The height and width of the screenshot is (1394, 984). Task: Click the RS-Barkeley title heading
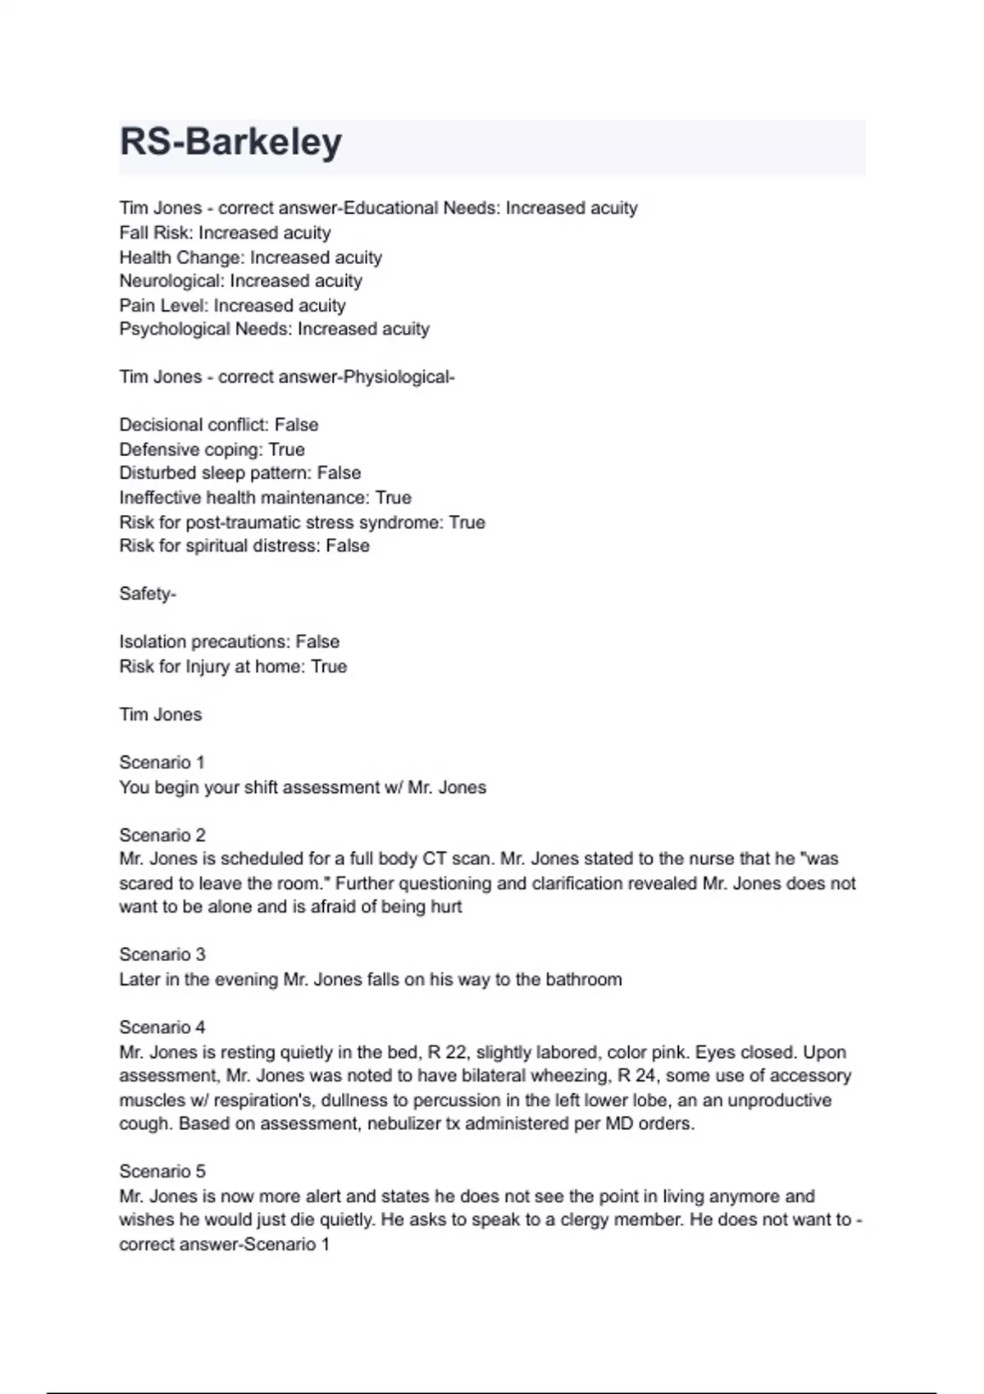click(230, 143)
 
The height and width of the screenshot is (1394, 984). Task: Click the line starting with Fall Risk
click(225, 233)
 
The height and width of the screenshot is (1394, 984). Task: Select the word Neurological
click(171, 281)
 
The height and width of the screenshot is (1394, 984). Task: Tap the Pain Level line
click(232, 306)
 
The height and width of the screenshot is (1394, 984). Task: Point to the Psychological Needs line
click(274, 330)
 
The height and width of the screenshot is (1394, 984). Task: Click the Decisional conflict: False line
click(218, 425)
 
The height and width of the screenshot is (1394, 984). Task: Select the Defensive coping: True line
click(212, 449)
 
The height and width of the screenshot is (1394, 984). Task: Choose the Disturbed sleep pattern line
click(239, 473)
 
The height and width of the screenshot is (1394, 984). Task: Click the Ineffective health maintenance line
click(265, 498)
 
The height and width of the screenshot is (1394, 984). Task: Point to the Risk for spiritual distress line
click(244, 546)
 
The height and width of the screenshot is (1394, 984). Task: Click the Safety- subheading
click(148, 594)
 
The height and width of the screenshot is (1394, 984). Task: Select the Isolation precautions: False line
click(229, 642)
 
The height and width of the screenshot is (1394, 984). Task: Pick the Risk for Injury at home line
click(233, 667)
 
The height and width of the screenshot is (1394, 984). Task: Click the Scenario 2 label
click(162, 836)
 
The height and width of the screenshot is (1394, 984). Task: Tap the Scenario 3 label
click(162, 955)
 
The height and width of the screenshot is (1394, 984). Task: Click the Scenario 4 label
click(162, 1027)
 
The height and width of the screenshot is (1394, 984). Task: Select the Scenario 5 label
click(162, 1172)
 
